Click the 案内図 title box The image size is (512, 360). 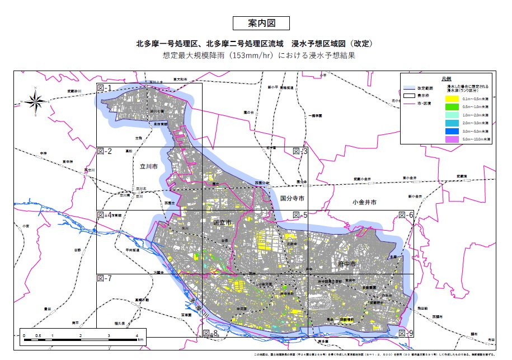coord(261,23)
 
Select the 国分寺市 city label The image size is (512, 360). coord(292,199)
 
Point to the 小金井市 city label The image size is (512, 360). coord(365,201)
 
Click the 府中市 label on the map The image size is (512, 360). coord(347,261)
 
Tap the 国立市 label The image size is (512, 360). coord(223,222)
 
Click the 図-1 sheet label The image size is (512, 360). coord(105,88)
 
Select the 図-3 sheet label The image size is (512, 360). coord(300,152)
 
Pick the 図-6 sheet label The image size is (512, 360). coord(406,215)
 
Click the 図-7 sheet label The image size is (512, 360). coord(105,278)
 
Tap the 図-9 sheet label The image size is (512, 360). coord(406,333)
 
